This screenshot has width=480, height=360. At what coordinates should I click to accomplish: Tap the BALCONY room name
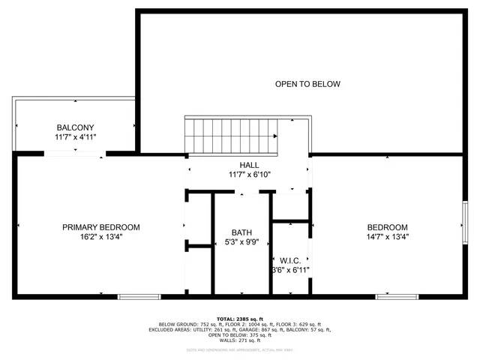click(x=75, y=127)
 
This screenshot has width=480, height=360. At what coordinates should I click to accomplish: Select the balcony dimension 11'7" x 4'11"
click(x=75, y=137)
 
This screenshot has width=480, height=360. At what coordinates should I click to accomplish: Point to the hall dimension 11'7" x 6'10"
click(x=249, y=175)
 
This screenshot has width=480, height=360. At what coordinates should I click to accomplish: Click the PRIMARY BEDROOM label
click(x=100, y=227)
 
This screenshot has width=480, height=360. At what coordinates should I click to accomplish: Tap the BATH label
click(x=242, y=232)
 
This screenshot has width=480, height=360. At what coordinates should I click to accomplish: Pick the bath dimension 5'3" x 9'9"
click(x=242, y=242)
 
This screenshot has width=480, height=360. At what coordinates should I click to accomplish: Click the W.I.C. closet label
click(x=289, y=260)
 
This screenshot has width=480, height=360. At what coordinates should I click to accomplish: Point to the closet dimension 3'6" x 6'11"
click(x=289, y=270)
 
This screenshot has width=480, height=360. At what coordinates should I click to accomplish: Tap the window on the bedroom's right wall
click(x=465, y=223)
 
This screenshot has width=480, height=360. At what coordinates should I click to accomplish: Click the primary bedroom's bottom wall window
click(x=139, y=297)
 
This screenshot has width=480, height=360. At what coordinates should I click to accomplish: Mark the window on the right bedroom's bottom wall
click(x=397, y=297)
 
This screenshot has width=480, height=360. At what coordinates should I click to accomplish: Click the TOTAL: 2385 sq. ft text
click(x=240, y=318)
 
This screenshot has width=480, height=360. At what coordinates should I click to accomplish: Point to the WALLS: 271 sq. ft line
click(x=240, y=340)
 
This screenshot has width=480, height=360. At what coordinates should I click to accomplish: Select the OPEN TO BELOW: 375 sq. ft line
click(x=240, y=335)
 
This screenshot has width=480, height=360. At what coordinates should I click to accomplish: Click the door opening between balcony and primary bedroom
click(x=74, y=153)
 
